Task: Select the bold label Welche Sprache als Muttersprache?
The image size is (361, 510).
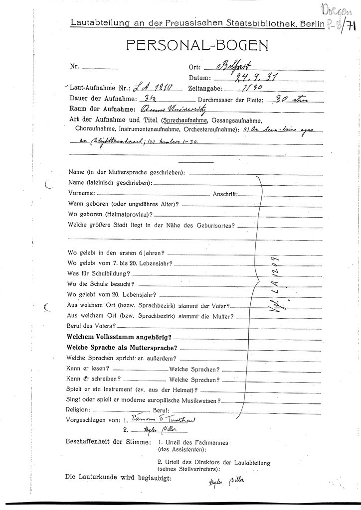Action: click(123, 348)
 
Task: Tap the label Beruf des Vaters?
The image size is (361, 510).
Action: click(91, 326)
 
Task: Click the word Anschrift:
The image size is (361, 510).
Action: click(224, 194)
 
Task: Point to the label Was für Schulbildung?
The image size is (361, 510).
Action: click(98, 273)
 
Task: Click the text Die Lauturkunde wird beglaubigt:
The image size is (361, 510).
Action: click(119, 477)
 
